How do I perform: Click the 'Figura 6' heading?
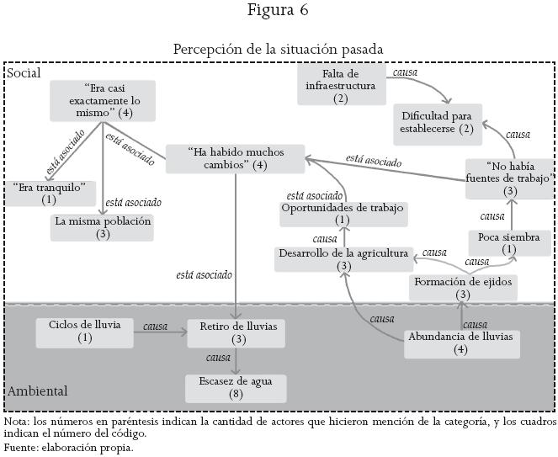[279, 11]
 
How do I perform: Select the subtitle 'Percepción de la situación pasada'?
[279, 49]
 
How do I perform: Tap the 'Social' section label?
[24, 73]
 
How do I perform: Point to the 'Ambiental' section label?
[37, 391]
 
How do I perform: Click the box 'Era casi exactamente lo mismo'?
[103, 100]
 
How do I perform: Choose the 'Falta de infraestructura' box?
[340, 86]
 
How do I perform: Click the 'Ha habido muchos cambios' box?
[225, 159]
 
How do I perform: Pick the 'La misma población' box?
[103, 227]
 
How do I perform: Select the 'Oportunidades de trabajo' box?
[343, 214]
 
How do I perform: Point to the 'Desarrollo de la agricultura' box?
[343, 259]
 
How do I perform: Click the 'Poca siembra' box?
[509, 243]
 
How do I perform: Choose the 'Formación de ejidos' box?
[463, 288]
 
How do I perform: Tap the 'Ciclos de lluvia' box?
[84, 332]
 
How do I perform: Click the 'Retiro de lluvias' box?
[237, 332]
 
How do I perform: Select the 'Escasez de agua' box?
[236, 387]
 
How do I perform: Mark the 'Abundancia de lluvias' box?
[461, 343]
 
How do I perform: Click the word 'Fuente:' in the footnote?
[21, 447]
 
